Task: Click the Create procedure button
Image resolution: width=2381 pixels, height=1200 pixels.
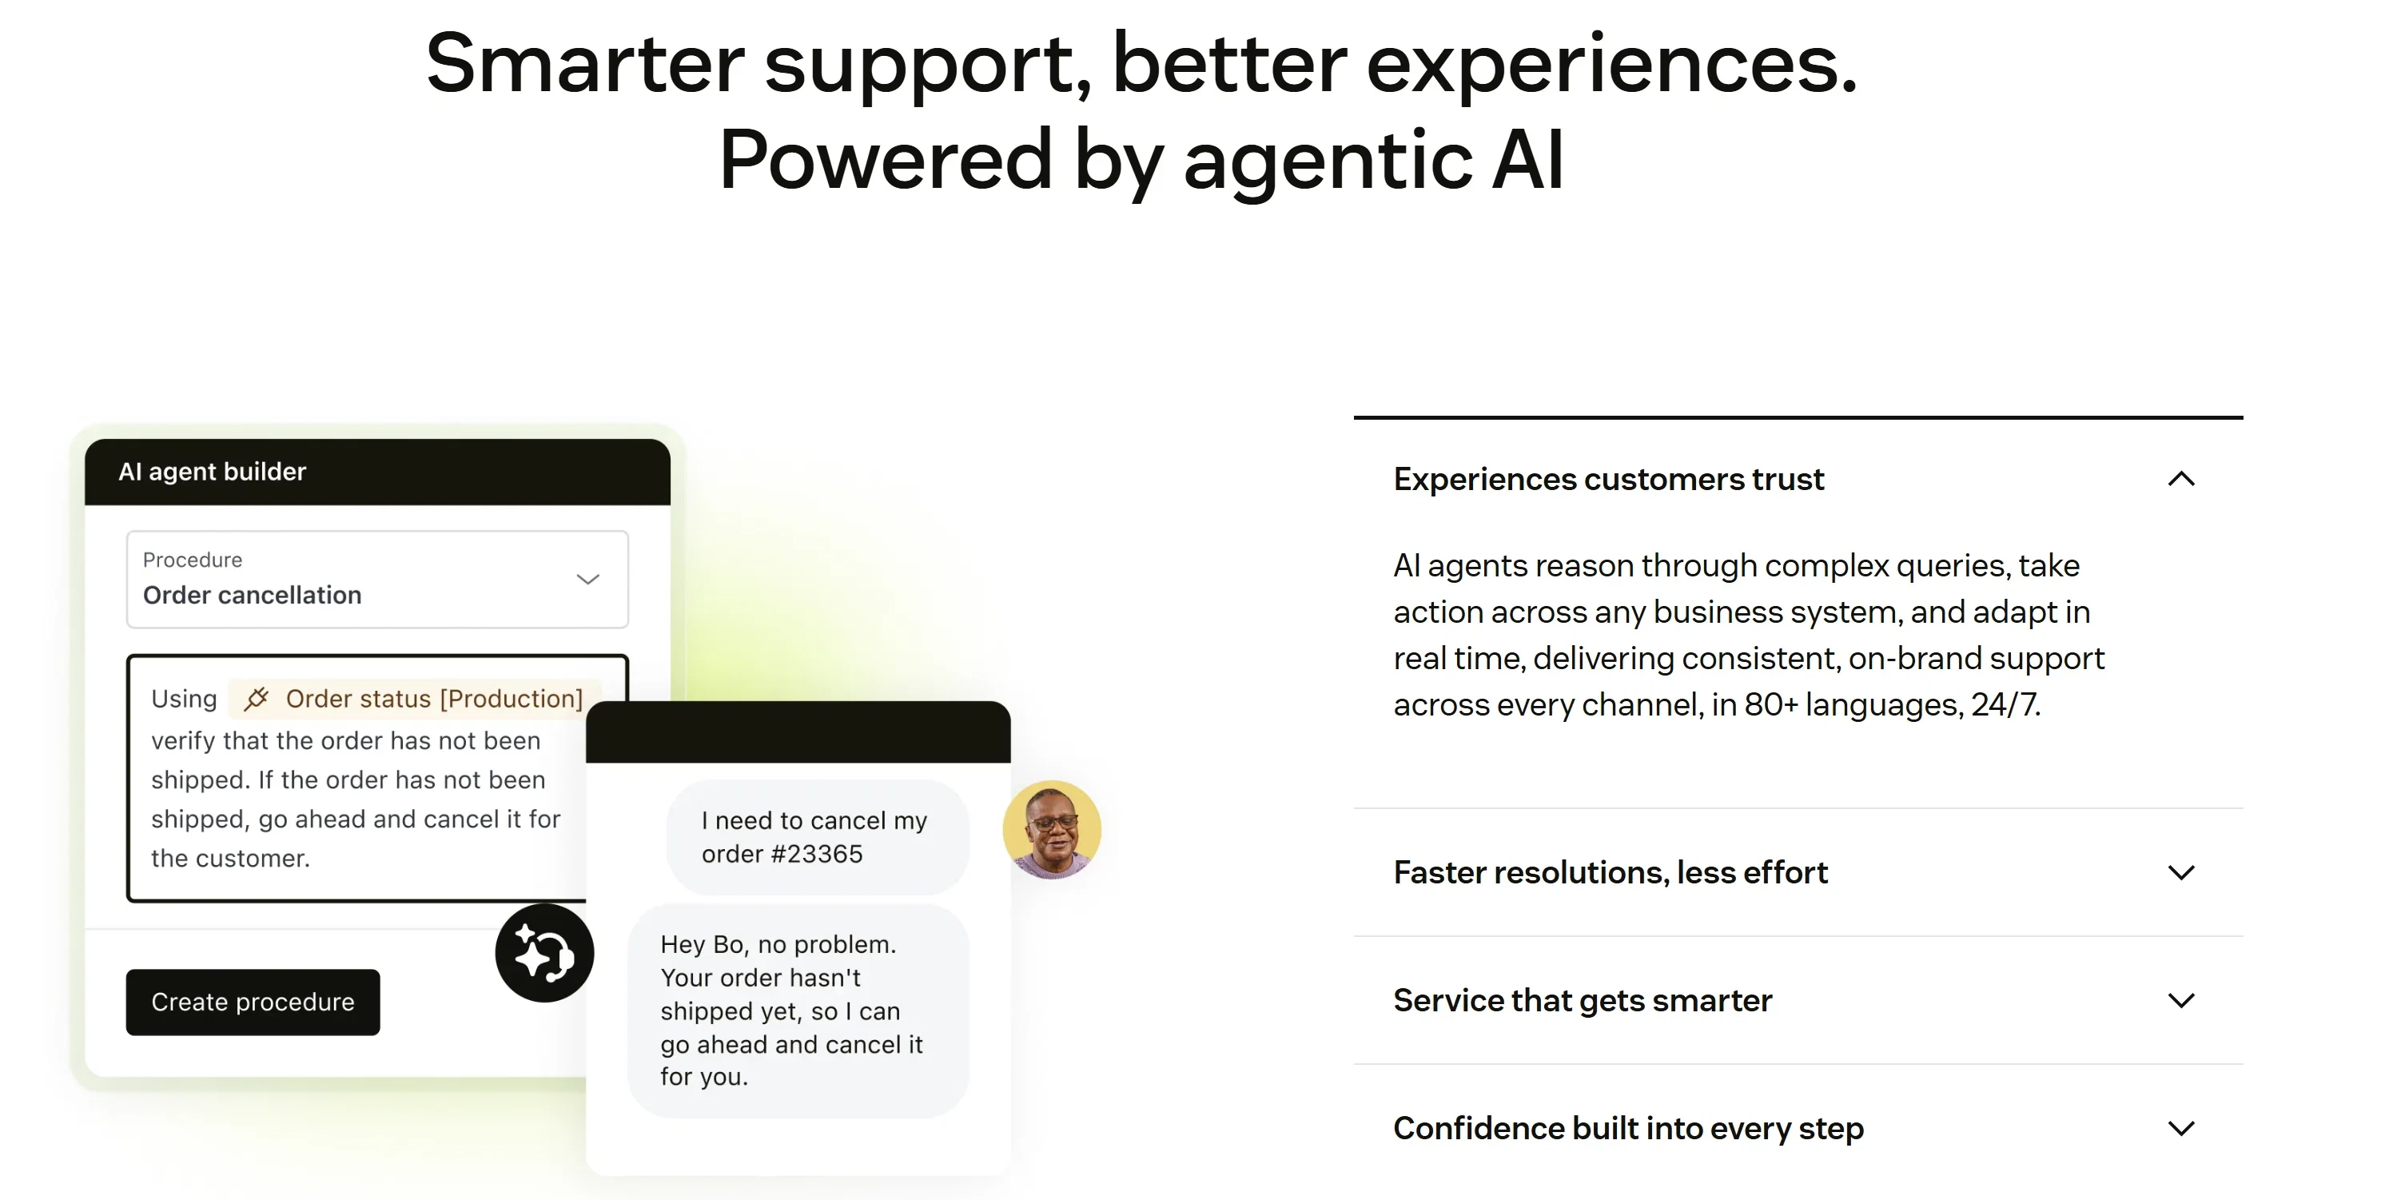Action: tap(253, 1003)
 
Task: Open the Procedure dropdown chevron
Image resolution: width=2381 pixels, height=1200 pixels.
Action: tap(587, 580)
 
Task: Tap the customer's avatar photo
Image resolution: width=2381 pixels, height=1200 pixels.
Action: tap(1052, 829)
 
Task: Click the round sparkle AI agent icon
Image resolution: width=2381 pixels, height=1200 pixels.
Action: tap(544, 953)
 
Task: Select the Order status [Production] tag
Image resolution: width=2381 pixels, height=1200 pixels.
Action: tap(415, 699)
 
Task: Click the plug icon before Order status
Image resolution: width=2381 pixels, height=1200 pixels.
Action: tap(256, 699)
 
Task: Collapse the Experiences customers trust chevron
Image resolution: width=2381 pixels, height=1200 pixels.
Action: tap(2181, 479)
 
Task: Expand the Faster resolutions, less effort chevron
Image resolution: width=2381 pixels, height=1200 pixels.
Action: tap(2181, 873)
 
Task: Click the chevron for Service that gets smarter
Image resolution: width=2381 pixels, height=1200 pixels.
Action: tap(2181, 1000)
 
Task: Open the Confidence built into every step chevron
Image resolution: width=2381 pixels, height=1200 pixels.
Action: tap(2181, 1128)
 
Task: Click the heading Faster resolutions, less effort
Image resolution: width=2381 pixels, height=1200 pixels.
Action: tap(1611, 873)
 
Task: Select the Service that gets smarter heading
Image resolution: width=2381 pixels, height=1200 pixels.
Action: tap(1583, 1000)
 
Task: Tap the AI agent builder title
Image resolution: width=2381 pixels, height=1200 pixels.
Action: tap(212, 472)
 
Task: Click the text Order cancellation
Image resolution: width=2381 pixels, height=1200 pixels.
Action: tap(252, 596)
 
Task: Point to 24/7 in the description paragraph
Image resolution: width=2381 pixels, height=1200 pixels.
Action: tap(2005, 704)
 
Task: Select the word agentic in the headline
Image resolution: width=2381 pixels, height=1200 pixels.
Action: tap(1328, 161)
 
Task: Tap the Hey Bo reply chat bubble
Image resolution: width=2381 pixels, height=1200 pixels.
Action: tap(798, 1011)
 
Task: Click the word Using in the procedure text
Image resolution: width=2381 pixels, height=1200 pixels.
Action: tap(184, 699)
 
